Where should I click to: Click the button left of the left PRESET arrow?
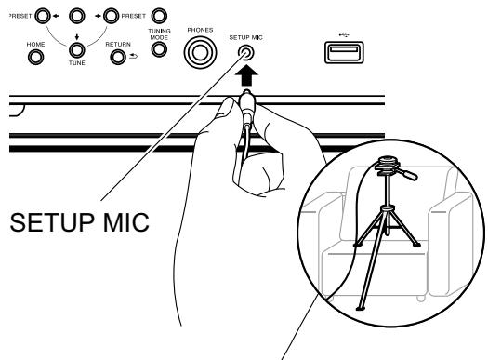coord(41,16)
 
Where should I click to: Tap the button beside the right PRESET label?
coord(159,16)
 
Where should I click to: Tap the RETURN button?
coord(119,56)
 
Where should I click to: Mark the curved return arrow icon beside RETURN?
coord(135,57)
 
